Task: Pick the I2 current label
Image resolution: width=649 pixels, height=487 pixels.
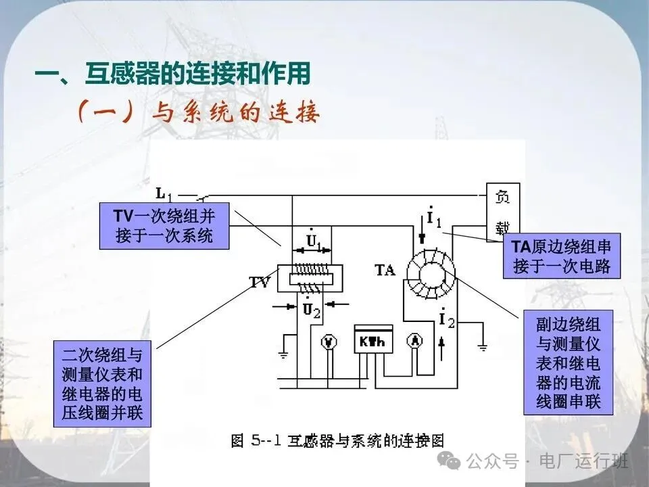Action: [446, 318]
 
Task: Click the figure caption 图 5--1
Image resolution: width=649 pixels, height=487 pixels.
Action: [337, 440]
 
